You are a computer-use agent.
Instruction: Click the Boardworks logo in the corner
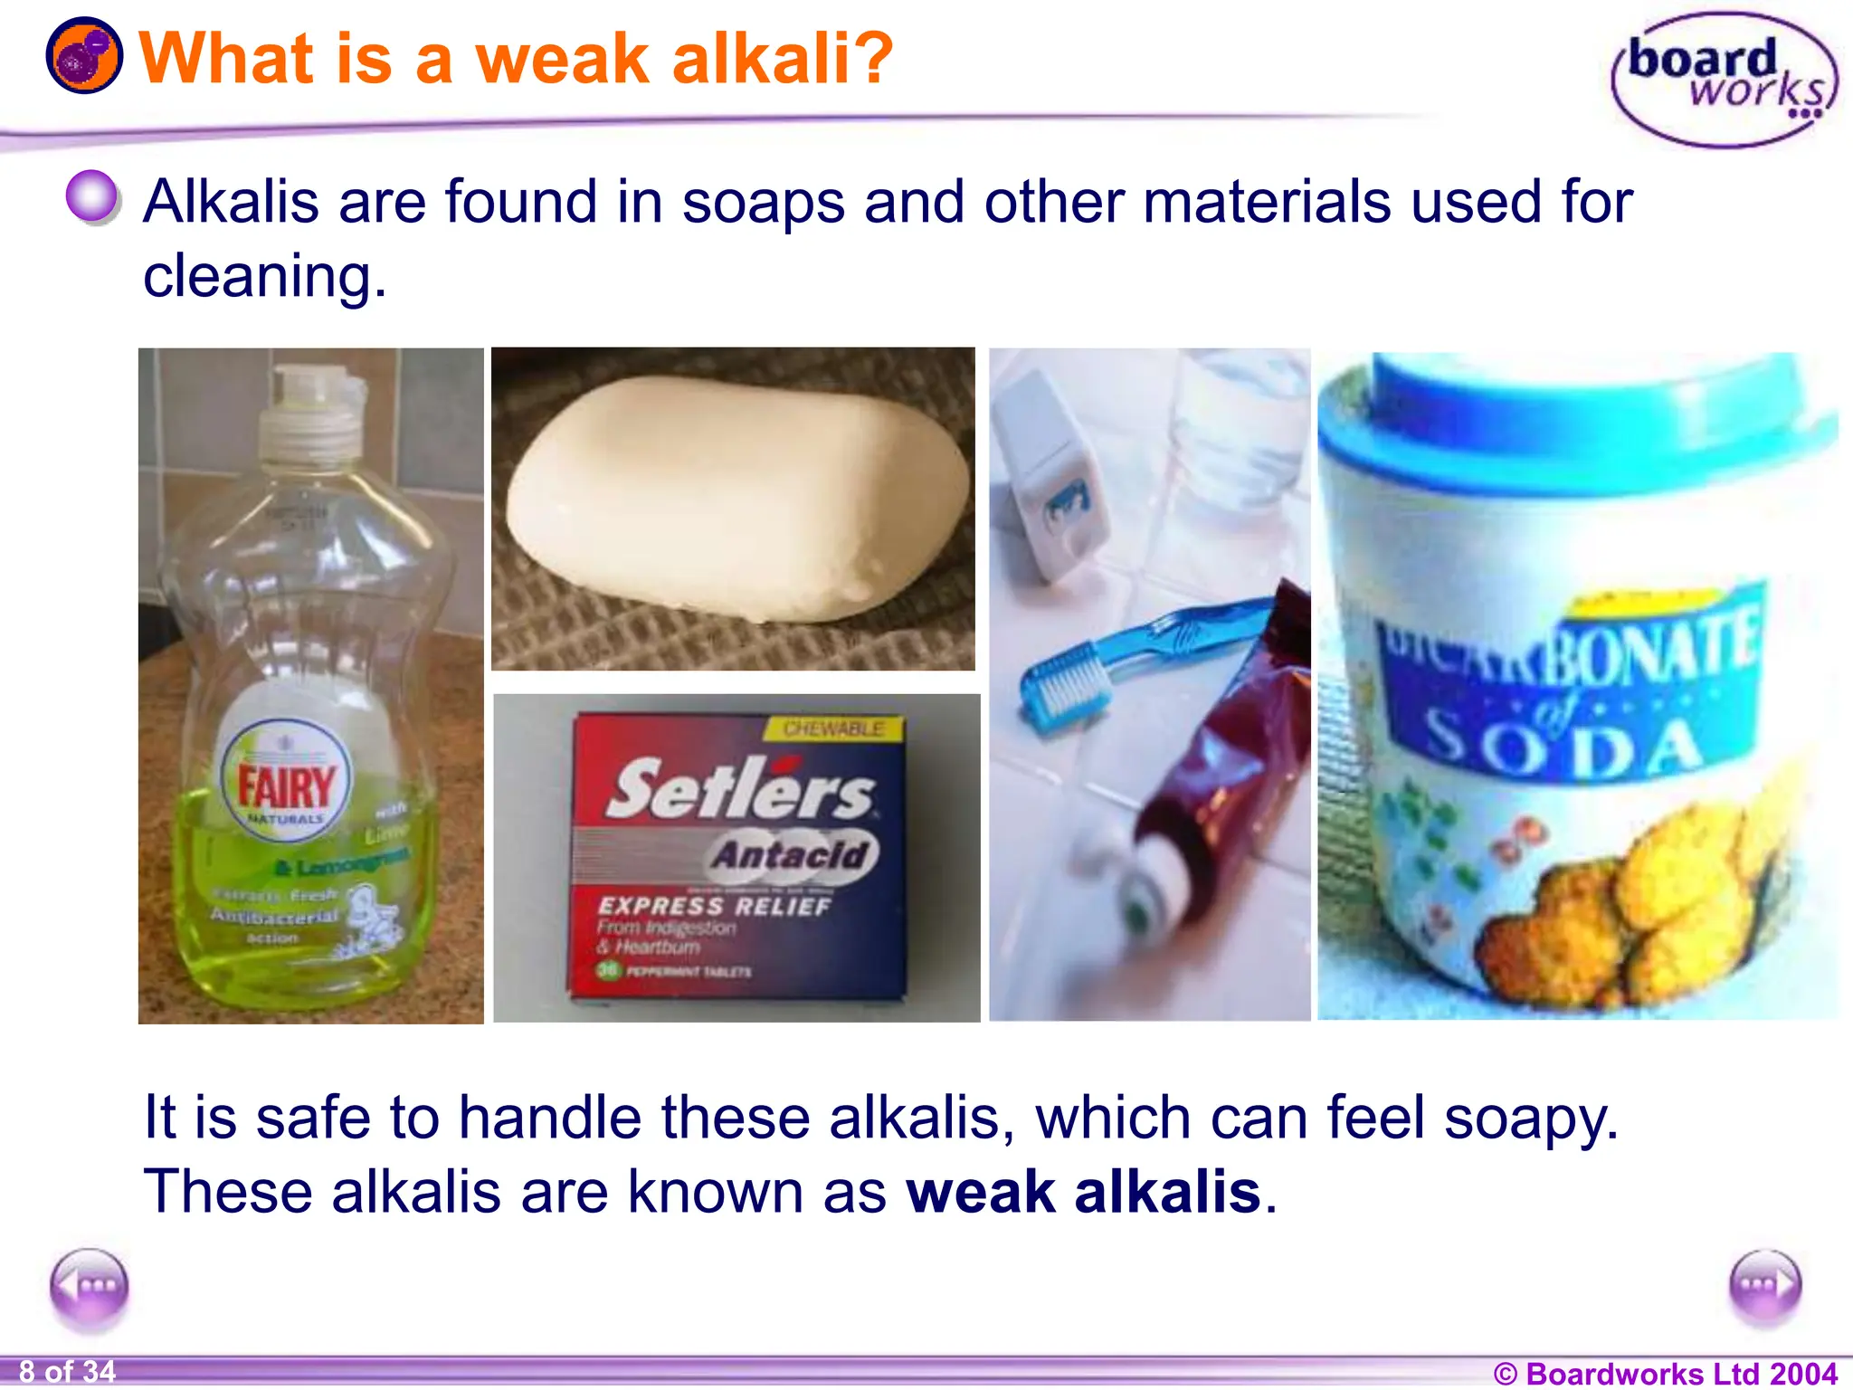point(1725,80)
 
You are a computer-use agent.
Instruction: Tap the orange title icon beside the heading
point(83,56)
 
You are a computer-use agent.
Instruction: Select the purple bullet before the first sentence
point(92,195)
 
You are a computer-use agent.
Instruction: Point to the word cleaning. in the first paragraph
point(264,276)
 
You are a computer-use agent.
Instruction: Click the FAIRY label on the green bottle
point(286,785)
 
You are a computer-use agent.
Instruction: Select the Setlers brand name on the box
point(740,789)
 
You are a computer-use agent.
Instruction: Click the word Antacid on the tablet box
point(791,854)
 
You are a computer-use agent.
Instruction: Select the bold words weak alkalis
point(1084,1192)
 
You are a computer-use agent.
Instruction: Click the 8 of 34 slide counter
point(68,1372)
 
